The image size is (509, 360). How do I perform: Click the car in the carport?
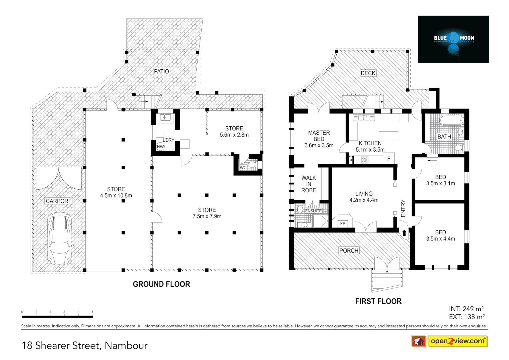(x=60, y=238)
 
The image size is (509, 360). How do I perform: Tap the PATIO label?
(x=161, y=71)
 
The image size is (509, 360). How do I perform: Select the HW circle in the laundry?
(x=160, y=147)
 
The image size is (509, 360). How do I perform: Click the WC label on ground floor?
(x=243, y=168)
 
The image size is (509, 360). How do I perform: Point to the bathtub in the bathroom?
(x=451, y=120)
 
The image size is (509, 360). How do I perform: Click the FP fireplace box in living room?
(x=343, y=223)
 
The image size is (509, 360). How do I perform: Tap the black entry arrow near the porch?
(x=404, y=232)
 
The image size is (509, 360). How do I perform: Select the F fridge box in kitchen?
(x=389, y=159)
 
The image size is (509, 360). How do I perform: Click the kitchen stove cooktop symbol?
(x=365, y=160)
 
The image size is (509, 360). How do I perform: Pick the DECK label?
(x=368, y=73)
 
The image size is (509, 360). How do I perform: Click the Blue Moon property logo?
(x=453, y=39)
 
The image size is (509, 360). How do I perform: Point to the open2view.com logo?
(x=457, y=341)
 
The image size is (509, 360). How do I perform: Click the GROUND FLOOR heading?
(x=161, y=284)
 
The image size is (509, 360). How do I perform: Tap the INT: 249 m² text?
(x=466, y=309)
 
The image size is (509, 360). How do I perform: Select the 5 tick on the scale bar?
(x=93, y=312)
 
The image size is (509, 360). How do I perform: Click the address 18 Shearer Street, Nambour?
(x=85, y=345)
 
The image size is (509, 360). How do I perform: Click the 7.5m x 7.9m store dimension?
(x=207, y=216)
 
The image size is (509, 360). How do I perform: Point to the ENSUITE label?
(x=313, y=211)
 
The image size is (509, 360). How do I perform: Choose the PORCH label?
(x=349, y=251)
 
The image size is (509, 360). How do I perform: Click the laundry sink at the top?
(x=165, y=117)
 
